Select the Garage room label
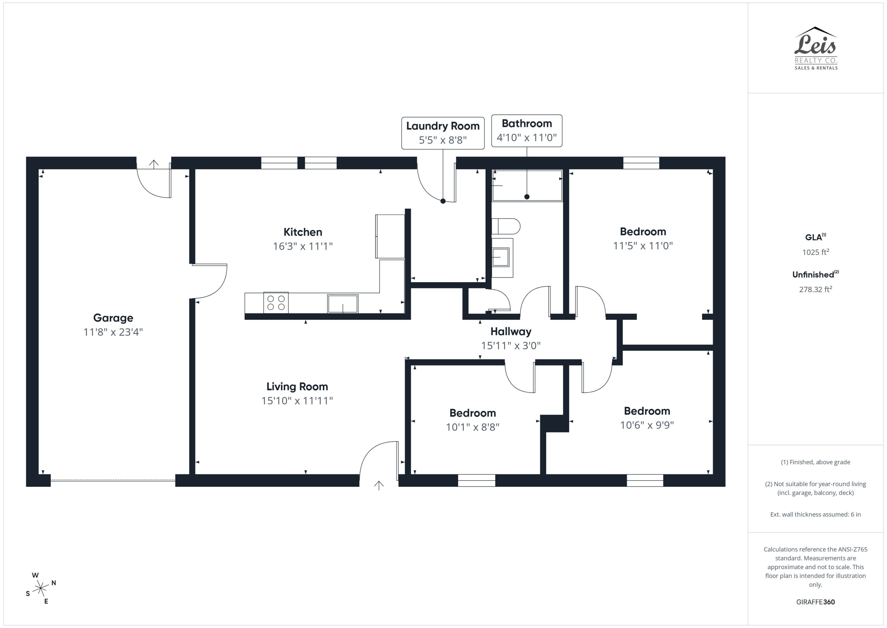point(113,318)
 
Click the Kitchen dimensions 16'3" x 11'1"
point(302,246)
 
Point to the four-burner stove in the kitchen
point(276,303)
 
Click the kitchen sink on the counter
point(343,304)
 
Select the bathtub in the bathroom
point(527,186)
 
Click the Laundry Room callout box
point(443,133)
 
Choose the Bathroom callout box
point(527,131)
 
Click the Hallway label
point(511,331)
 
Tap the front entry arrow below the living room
point(378,485)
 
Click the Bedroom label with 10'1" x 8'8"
point(472,413)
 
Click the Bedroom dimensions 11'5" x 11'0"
point(643,246)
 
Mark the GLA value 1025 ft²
point(815,252)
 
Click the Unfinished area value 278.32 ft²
point(815,289)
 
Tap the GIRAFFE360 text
point(815,602)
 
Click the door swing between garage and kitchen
point(211,281)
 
